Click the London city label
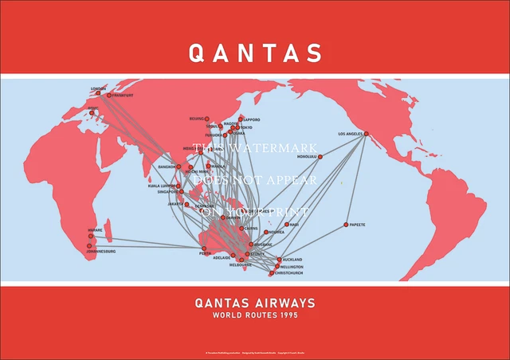tap(99, 88)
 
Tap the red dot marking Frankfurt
tap(109, 96)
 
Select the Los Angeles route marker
tap(366, 134)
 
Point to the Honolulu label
tap(307, 157)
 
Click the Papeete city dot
tap(346, 225)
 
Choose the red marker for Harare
tap(90, 236)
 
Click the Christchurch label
tap(289, 273)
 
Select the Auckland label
tap(292, 260)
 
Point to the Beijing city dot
tap(207, 119)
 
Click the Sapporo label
tap(251, 119)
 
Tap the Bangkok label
tap(167, 166)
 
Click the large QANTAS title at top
tap(255, 52)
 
